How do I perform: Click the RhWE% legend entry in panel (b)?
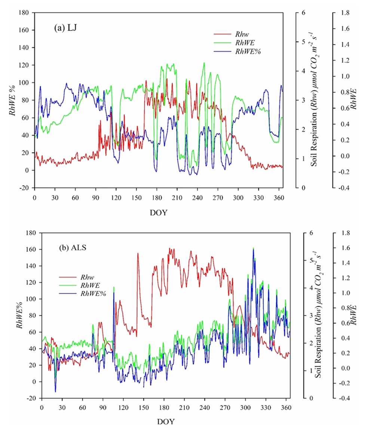point(93,294)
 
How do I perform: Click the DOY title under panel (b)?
point(165,422)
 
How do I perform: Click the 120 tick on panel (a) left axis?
point(25,65)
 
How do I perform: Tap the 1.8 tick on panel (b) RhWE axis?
point(340,233)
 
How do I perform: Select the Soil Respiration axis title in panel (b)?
point(318,315)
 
